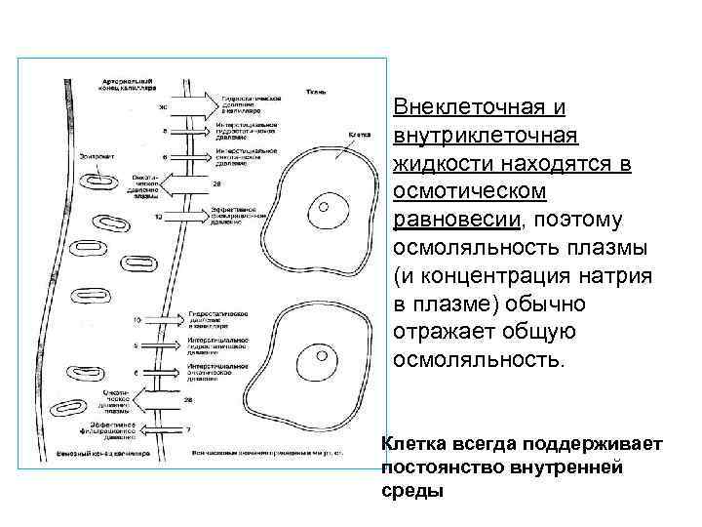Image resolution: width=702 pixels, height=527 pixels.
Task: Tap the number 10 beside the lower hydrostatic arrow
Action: click(x=137, y=319)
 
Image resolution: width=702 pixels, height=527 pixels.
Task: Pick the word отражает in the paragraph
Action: click(x=449, y=332)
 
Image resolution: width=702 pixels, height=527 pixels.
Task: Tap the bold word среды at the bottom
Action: click(x=412, y=491)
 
